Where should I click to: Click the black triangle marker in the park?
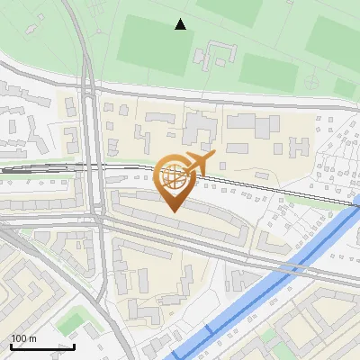coord(181,24)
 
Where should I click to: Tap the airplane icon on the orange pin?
coord(198,164)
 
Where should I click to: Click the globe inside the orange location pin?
coord(174,177)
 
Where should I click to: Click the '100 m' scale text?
coord(24,338)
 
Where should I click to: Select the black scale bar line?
coord(41,346)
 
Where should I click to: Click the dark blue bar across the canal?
coord(209,329)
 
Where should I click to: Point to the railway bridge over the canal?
coord(352,208)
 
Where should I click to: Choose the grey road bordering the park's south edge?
coord(225,94)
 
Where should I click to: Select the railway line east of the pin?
coord(270,188)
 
